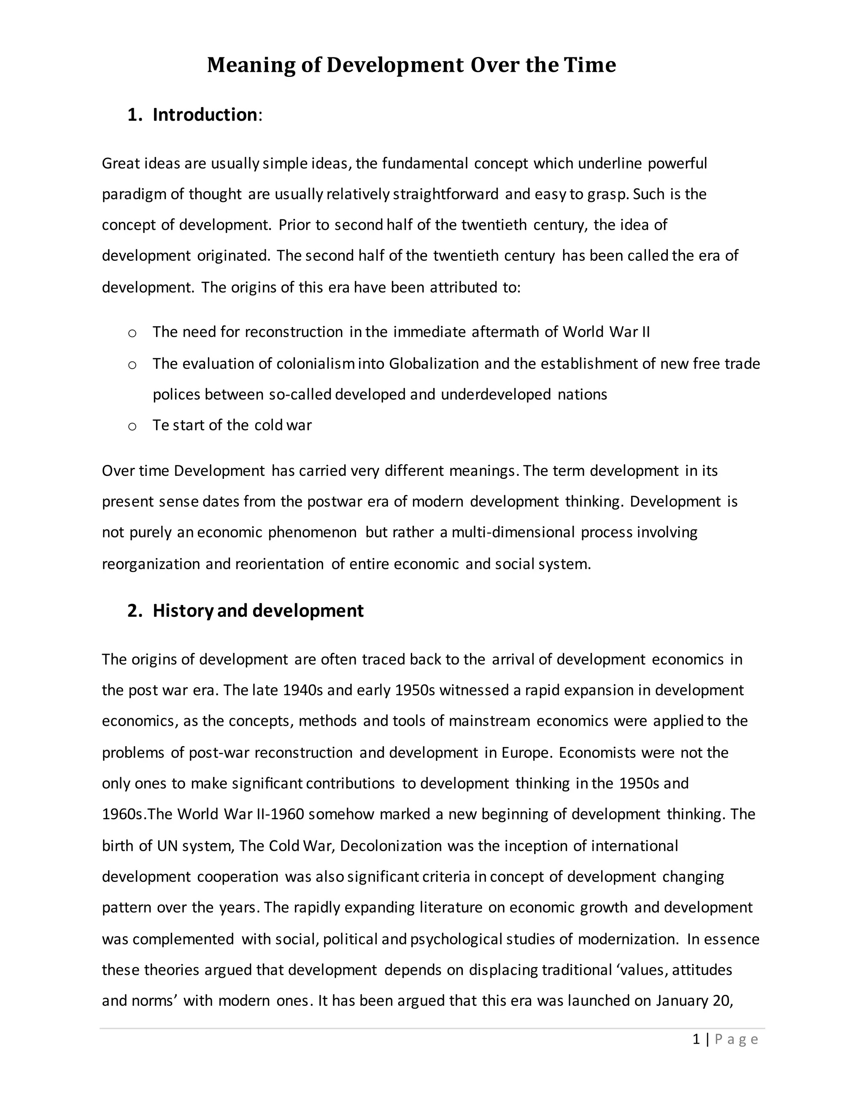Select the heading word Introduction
pyautogui.click(x=205, y=115)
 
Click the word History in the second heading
pyautogui.click(x=183, y=611)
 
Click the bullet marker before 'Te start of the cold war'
pyautogui.click(x=132, y=427)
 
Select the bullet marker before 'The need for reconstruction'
pyautogui.click(x=132, y=333)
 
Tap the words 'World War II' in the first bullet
pyautogui.click(x=606, y=332)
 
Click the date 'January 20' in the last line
pyautogui.click(x=694, y=1001)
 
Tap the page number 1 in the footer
pyautogui.click(x=696, y=1040)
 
